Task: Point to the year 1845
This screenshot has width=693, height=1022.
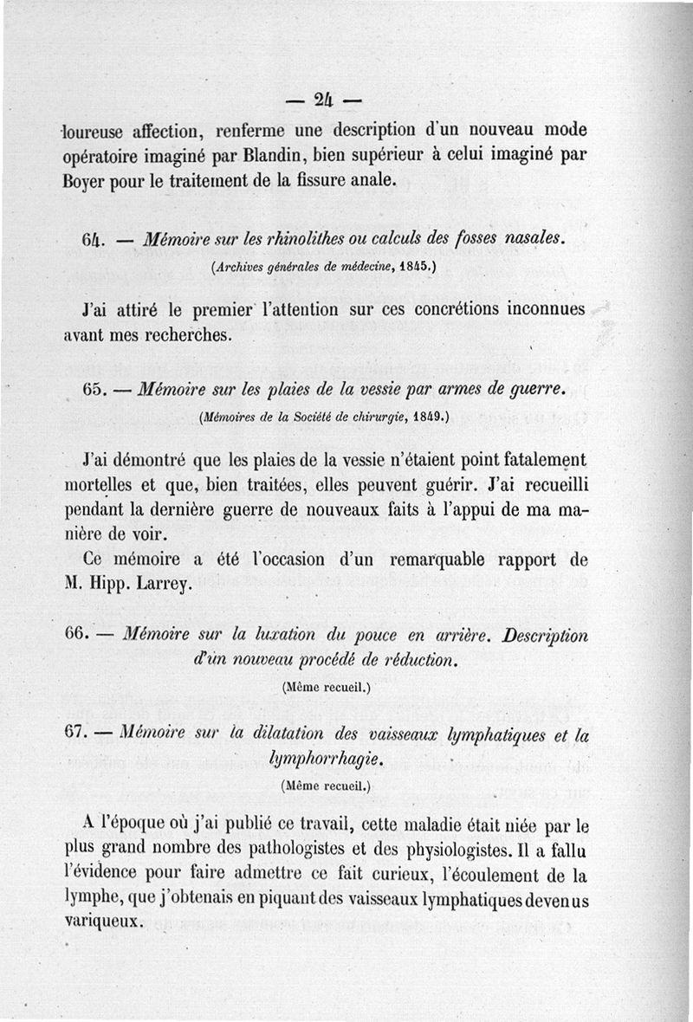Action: [413, 268]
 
